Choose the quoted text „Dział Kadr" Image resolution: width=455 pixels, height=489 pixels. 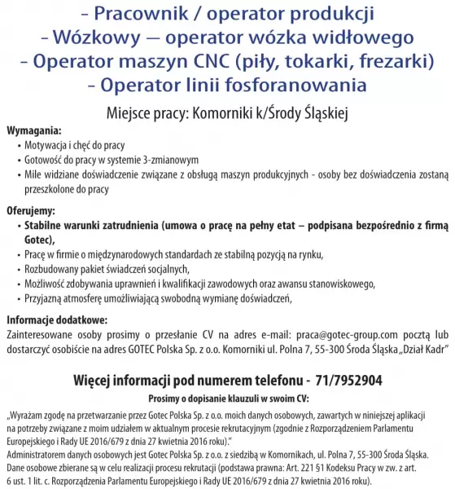point(416,349)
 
